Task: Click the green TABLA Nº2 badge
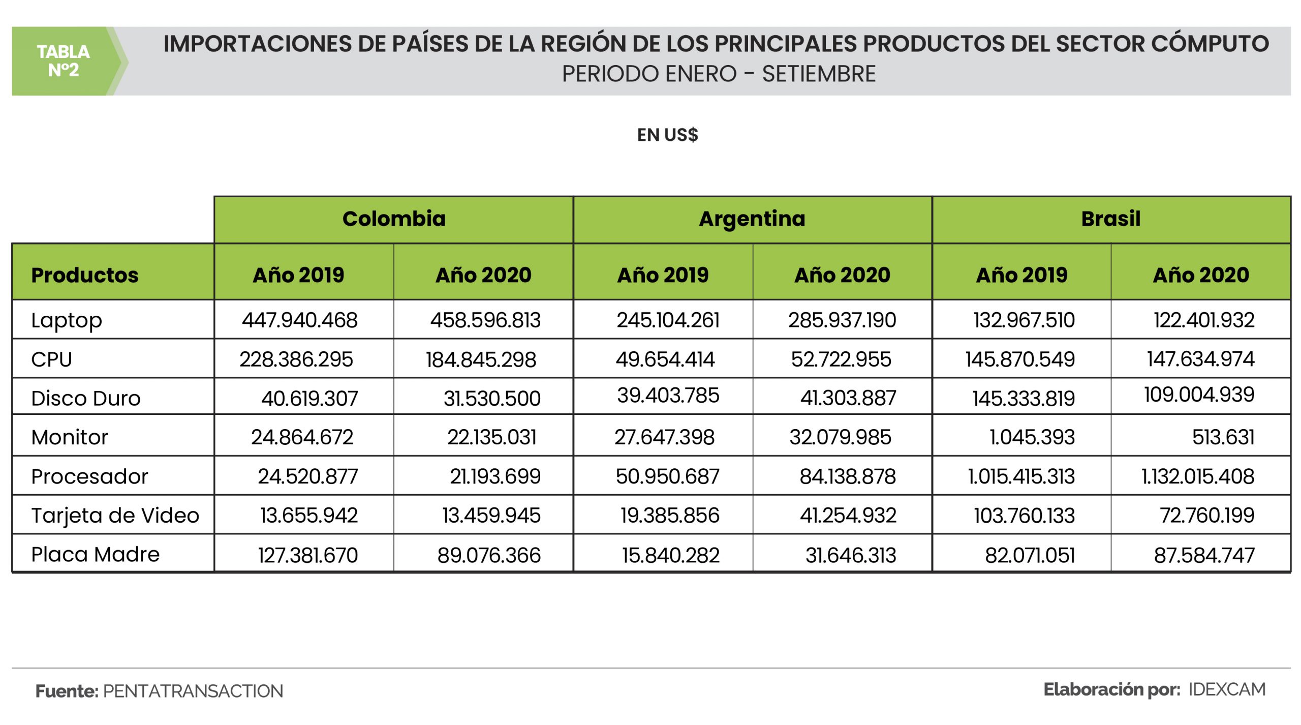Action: click(x=63, y=61)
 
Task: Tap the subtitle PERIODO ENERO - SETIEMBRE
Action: click(x=718, y=74)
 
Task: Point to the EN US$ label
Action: click(x=667, y=135)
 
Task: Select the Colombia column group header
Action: click(x=394, y=219)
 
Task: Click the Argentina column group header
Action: click(x=752, y=219)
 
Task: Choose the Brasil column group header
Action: click(x=1111, y=219)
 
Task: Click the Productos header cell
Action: click(x=84, y=275)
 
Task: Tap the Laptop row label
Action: click(x=67, y=320)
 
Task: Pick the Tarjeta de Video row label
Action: click(x=115, y=516)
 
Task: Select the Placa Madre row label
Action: click(x=95, y=555)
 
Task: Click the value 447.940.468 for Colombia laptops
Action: click(x=300, y=320)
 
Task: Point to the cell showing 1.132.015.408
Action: click(x=1198, y=476)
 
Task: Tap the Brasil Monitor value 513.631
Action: click(x=1223, y=437)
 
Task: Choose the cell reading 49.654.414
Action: click(x=665, y=359)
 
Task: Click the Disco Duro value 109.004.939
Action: click(x=1199, y=395)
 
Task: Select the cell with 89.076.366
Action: click(x=489, y=555)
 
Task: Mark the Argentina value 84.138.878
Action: click(x=848, y=476)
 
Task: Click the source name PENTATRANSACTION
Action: click(x=193, y=691)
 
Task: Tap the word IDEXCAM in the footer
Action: click(x=1227, y=690)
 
